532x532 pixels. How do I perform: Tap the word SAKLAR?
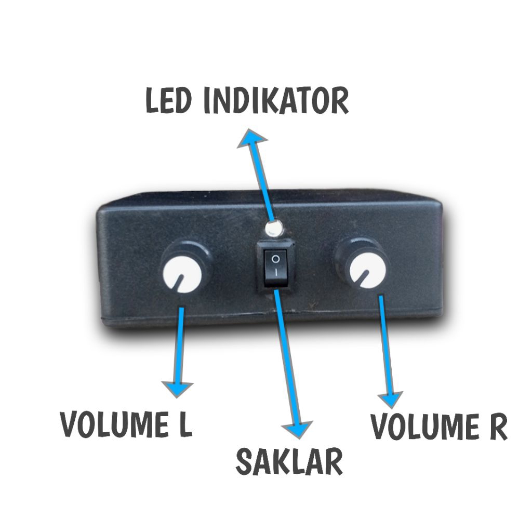tap(289, 461)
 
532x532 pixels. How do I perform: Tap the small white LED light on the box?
tap(273, 228)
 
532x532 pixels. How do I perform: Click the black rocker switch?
tap(276, 265)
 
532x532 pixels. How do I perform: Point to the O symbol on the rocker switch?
tap(276, 258)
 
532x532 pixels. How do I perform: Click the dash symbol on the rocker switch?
tap(276, 272)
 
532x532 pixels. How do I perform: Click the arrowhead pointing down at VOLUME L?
tap(178, 388)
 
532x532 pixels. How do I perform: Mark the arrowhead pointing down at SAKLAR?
tap(298, 429)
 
